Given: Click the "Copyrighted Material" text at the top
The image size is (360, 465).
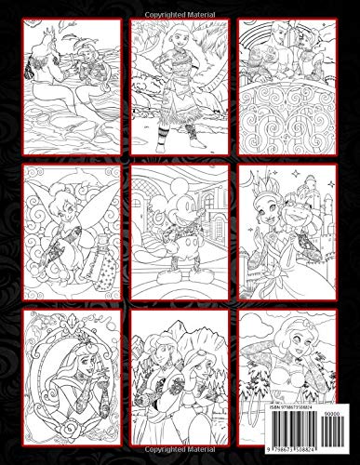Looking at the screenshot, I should click(180, 7).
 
